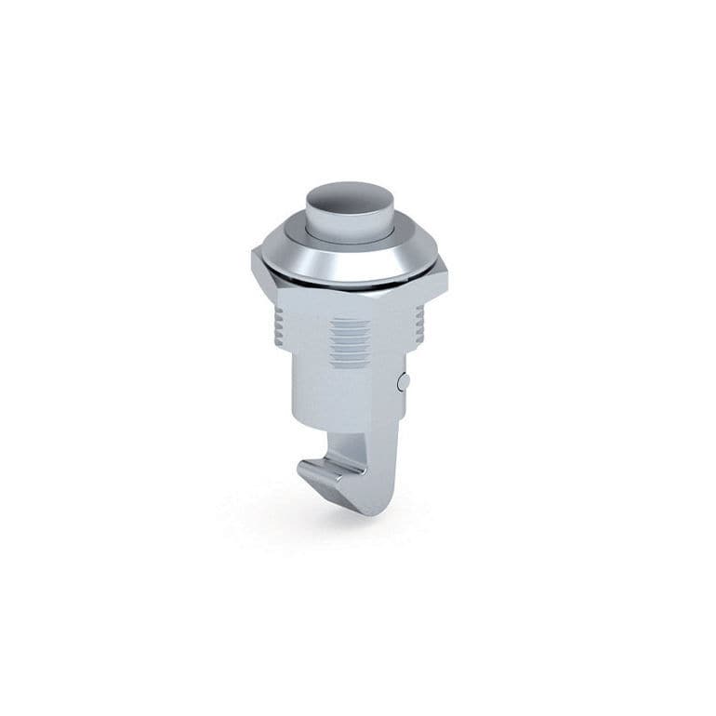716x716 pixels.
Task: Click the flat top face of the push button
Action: (x=349, y=197)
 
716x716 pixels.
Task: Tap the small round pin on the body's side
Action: (x=403, y=381)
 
